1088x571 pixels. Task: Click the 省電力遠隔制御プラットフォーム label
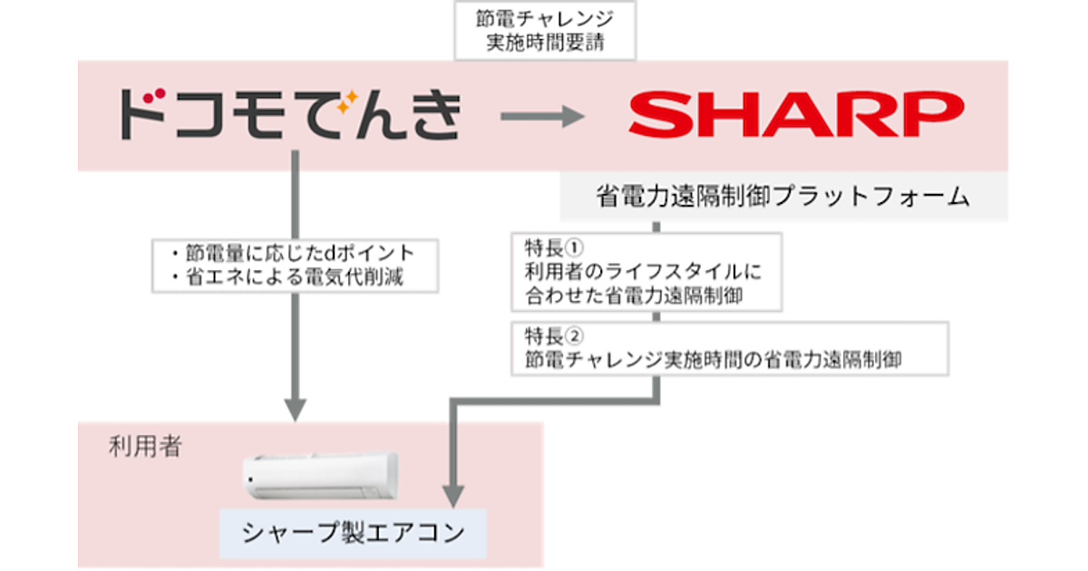tap(783, 197)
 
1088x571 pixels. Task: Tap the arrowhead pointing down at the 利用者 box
tap(292, 410)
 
